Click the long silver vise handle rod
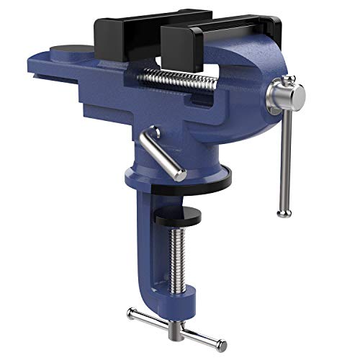282,158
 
